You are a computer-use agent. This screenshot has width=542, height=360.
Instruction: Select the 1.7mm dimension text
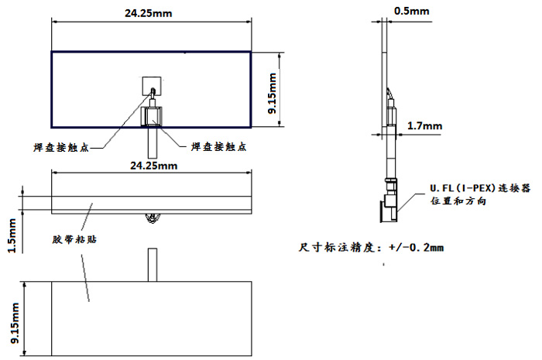424,125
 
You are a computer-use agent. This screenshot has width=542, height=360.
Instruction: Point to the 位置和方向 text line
457,201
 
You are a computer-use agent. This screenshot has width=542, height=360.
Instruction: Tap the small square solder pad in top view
152,84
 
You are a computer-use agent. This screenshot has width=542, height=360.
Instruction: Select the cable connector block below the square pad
152,116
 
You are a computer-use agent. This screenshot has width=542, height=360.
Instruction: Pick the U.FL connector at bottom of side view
389,201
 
